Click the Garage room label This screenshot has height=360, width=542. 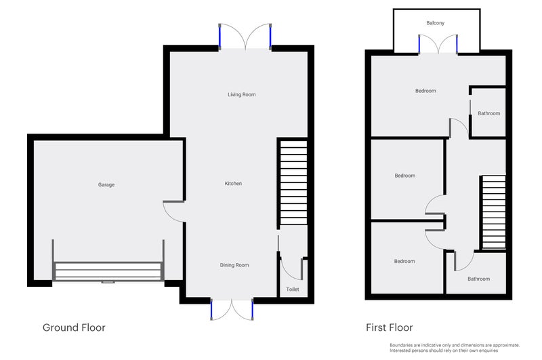click(x=106, y=184)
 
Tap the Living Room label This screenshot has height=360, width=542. click(x=242, y=94)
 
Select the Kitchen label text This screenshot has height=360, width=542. click(x=233, y=183)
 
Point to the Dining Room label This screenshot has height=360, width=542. click(x=234, y=265)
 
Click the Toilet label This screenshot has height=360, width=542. click(x=293, y=289)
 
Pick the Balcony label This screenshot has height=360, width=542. click(x=435, y=23)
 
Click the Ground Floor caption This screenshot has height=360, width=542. click(x=74, y=327)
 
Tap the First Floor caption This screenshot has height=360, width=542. click(x=390, y=327)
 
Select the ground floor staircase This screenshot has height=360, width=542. click(x=293, y=182)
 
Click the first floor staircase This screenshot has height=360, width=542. click(x=494, y=212)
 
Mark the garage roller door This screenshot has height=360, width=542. click(x=108, y=271)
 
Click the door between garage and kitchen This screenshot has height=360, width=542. click(x=173, y=211)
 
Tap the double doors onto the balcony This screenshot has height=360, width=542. click(x=438, y=44)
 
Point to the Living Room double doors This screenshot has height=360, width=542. click(x=245, y=37)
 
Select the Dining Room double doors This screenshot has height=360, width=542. click(x=232, y=310)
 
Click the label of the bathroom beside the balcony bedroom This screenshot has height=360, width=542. click(x=488, y=113)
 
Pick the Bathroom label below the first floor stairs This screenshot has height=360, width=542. click(x=479, y=279)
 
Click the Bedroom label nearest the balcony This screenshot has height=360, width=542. click(x=425, y=91)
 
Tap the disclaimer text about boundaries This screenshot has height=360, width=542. click(x=455, y=348)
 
